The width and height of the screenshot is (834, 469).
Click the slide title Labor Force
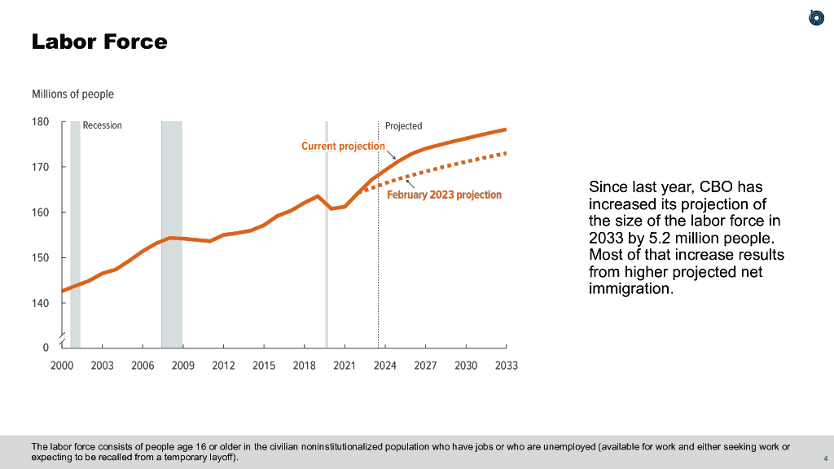pos(99,42)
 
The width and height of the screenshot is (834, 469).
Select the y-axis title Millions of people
pos(72,94)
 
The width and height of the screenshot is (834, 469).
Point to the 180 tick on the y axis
pos(41,122)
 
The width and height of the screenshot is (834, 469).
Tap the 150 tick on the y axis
pos(41,257)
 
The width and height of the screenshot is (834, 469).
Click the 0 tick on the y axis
pos(46,348)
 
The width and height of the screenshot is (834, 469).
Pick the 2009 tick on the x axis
pos(183,366)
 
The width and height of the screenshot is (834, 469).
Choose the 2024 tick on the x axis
pos(385,366)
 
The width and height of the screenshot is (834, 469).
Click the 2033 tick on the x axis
pos(506,366)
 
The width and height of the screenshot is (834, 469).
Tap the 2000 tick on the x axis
pos(62,366)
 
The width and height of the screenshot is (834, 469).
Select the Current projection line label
pos(343,147)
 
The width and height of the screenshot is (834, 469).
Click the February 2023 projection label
pos(444,195)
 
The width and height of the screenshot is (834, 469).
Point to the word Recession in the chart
pos(102,125)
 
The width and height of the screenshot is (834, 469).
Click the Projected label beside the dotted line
pos(403,125)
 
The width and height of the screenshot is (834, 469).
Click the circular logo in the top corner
pos(816,17)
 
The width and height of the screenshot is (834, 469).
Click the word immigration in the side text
pos(630,288)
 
